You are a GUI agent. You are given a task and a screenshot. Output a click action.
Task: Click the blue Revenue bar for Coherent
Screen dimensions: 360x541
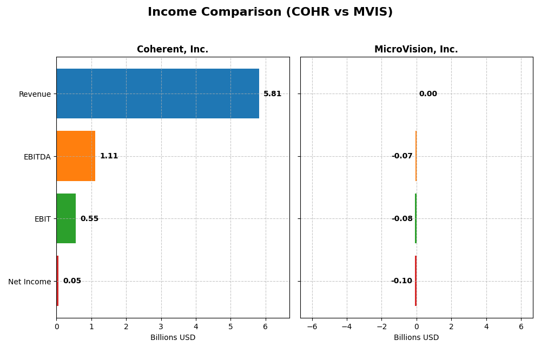point(157,94)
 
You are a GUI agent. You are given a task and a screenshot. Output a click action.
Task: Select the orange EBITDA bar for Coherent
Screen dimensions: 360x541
point(76,156)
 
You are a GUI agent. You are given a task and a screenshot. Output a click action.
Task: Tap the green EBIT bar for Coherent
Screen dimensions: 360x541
point(66,218)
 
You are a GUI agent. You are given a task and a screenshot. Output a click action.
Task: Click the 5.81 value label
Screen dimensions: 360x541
point(272,94)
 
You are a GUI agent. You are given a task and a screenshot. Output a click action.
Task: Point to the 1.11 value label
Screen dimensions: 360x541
point(109,156)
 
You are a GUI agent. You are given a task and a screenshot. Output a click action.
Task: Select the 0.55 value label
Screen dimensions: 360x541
point(89,219)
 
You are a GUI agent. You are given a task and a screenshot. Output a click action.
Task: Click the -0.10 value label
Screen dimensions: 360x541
point(401,281)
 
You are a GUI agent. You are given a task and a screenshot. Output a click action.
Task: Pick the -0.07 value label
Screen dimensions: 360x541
point(402,156)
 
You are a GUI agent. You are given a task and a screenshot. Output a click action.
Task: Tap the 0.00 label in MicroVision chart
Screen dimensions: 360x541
point(428,94)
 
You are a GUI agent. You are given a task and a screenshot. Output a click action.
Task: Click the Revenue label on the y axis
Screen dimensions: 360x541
point(35,95)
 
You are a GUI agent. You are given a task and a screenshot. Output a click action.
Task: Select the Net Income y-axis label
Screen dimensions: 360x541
point(29,282)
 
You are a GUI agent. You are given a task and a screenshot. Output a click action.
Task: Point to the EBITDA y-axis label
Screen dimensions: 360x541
point(37,157)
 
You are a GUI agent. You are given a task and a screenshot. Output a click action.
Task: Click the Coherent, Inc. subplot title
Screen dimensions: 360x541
point(173,50)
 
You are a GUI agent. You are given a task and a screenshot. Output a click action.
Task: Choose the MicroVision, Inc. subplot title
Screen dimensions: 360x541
point(416,50)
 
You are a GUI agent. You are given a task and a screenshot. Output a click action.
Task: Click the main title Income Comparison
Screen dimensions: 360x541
point(270,12)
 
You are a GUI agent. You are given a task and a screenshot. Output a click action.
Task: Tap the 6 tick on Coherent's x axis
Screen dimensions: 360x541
point(265,326)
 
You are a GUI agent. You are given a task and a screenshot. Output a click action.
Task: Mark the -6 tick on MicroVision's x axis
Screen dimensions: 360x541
point(312,326)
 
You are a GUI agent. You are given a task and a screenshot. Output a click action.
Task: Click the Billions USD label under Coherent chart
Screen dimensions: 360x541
point(173,337)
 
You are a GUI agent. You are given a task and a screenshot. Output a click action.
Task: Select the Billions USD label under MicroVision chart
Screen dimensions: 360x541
point(416,337)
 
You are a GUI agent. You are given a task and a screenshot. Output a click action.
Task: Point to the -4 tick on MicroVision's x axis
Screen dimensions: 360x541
point(346,326)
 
